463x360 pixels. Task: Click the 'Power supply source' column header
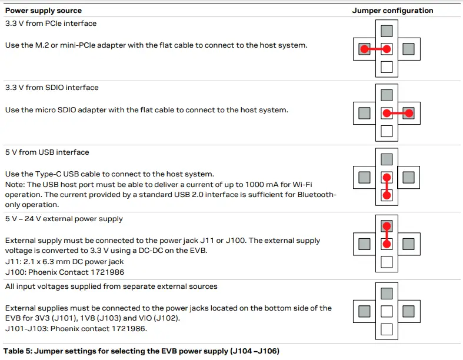tap(44, 11)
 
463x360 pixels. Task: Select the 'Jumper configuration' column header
tap(392, 11)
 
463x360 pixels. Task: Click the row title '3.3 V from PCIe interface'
tap(51, 24)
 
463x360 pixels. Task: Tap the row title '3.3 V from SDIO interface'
tap(52, 88)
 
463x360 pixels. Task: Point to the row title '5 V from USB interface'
tap(46, 152)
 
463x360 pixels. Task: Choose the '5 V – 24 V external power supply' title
tap(64, 219)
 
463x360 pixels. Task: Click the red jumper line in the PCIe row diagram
tap(375, 49)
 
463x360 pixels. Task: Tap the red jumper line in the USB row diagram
tap(387, 186)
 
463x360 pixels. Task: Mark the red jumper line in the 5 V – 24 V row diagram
tap(387, 235)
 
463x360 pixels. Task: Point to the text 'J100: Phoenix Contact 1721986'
tap(65, 272)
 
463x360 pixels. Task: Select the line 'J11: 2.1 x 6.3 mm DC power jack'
tap(65, 262)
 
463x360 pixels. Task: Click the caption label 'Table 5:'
tap(18, 351)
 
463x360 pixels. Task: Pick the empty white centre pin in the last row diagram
tap(387, 311)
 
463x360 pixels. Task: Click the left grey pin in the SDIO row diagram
tap(364, 112)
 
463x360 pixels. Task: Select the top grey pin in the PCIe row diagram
tap(387, 31)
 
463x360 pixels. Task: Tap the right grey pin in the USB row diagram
tap(409, 177)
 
